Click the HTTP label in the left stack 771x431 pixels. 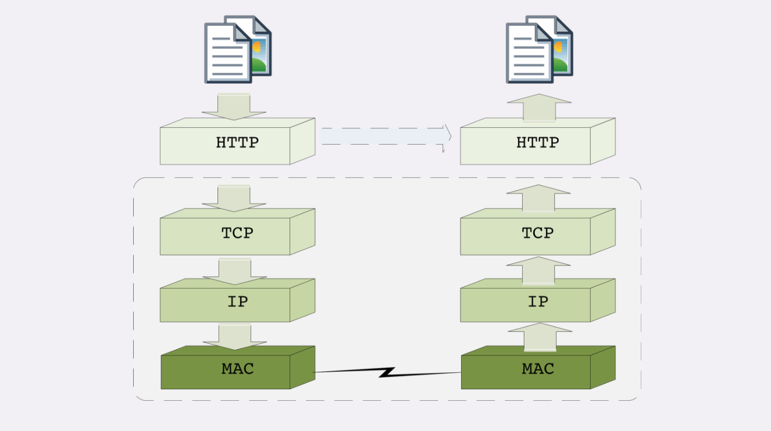click(237, 142)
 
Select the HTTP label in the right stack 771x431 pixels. click(537, 142)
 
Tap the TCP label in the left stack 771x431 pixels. click(237, 233)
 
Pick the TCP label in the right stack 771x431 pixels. click(537, 233)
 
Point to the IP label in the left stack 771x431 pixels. click(237, 301)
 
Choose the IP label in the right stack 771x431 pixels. click(537, 301)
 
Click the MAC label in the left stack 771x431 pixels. click(237, 368)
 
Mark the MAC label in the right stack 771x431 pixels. click(537, 368)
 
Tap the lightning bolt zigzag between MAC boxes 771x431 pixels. click(387, 372)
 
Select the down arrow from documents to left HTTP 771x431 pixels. click(234, 106)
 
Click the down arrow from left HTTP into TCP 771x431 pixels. click(234, 198)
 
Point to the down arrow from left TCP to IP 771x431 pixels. click(234, 271)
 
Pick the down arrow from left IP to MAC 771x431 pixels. click(234, 337)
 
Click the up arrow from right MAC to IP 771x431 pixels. click(540, 337)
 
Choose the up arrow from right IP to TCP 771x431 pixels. click(538, 271)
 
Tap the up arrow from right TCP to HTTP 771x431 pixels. click(538, 198)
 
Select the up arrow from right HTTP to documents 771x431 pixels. click(539, 107)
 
